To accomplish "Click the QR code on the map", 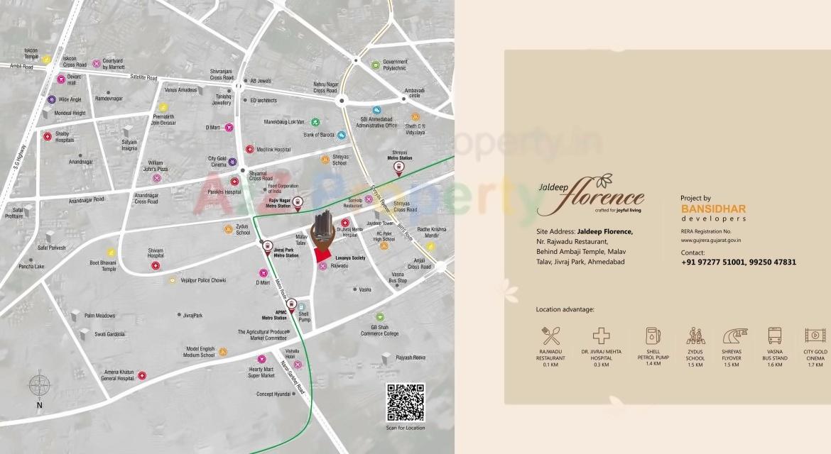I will [406, 402].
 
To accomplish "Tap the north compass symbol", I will [39, 387].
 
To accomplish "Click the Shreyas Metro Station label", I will [398, 155].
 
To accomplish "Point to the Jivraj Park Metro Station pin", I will [268, 246].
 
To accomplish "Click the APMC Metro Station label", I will [274, 316].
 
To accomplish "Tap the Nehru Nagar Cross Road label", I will [325, 87].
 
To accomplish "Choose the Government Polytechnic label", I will [395, 65].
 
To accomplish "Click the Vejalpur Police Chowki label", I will [202, 280].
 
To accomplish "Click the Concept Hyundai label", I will [273, 394].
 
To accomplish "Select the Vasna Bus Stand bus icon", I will [774, 336].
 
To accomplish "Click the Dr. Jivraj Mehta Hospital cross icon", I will [602, 336].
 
